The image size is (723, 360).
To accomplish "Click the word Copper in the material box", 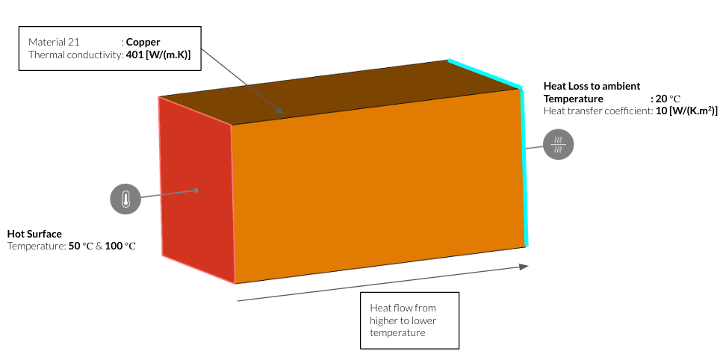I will tap(143, 42).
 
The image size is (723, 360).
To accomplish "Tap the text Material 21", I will tap(54, 42).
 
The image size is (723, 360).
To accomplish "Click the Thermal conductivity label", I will tap(75, 55).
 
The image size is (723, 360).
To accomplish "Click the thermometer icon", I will tap(125, 199).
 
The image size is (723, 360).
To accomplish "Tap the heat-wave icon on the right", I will tap(558, 143).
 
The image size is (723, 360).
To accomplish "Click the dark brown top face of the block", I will tap(336, 93).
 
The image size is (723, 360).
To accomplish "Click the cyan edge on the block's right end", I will tap(524, 164).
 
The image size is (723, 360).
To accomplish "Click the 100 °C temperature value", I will tap(121, 246).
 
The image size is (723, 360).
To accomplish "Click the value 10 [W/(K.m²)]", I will tap(686, 111).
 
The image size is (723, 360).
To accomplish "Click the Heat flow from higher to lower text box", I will tap(409, 320).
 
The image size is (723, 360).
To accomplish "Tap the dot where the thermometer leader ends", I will tap(197, 190).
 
